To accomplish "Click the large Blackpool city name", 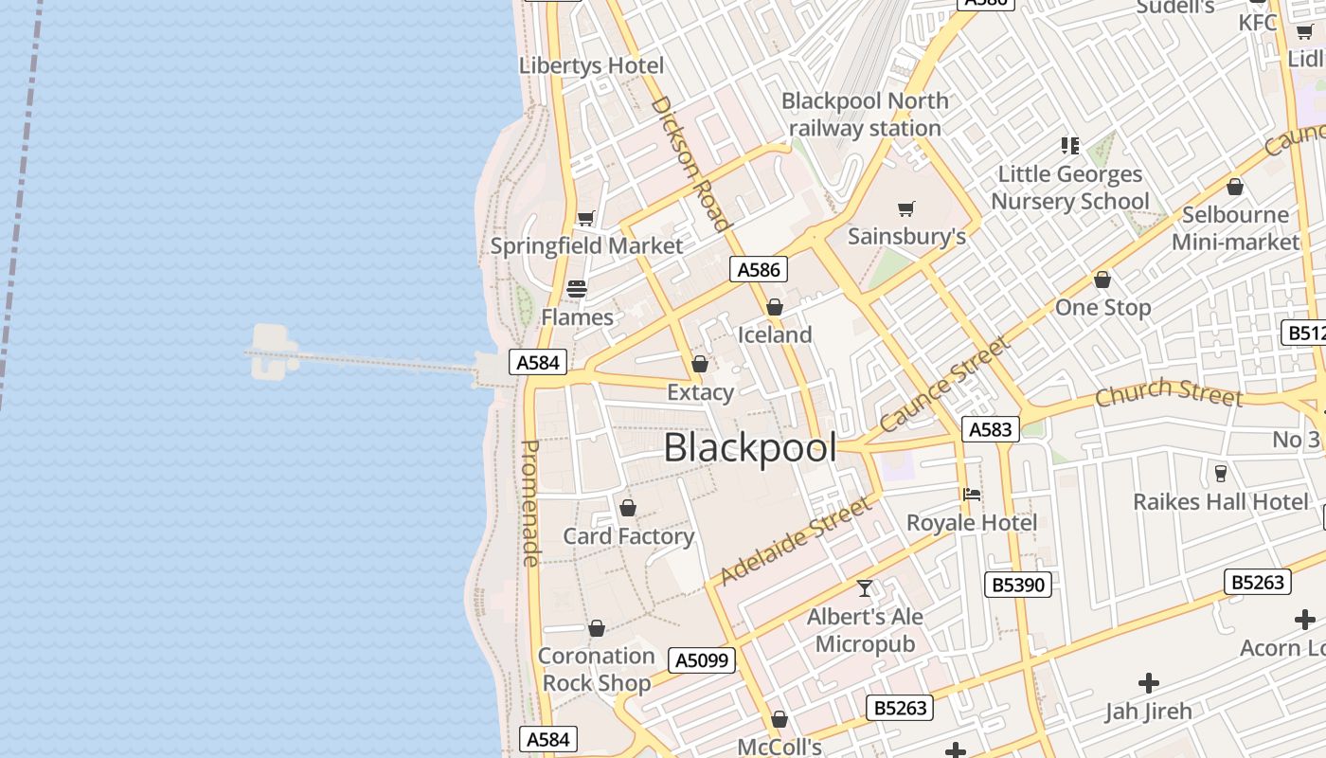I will click(750, 448).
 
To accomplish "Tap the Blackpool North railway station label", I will click(865, 115).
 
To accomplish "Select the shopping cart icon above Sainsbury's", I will click(906, 208).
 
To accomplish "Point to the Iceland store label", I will click(775, 334).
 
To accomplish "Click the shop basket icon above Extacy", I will click(700, 364).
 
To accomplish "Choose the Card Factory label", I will click(629, 536).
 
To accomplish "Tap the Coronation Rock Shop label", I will click(597, 669).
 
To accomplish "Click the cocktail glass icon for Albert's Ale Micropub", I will click(865, 588).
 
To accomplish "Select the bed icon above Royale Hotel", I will click(971, 495).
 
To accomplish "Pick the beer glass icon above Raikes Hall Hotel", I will click(1221, 473).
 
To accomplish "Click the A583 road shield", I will click(991, 429).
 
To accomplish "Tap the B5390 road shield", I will click(1018, 585).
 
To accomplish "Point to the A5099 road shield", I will click(702, 660).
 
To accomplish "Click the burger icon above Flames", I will click(577, 289).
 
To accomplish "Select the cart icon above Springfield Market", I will click(586, 219).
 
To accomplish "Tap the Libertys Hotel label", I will click(591, 65).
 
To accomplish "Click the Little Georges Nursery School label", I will click(1070, 188).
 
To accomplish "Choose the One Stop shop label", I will click(1102, 307).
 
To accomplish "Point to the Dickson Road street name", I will click(690, 163).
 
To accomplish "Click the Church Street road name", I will click(1168, 391).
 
